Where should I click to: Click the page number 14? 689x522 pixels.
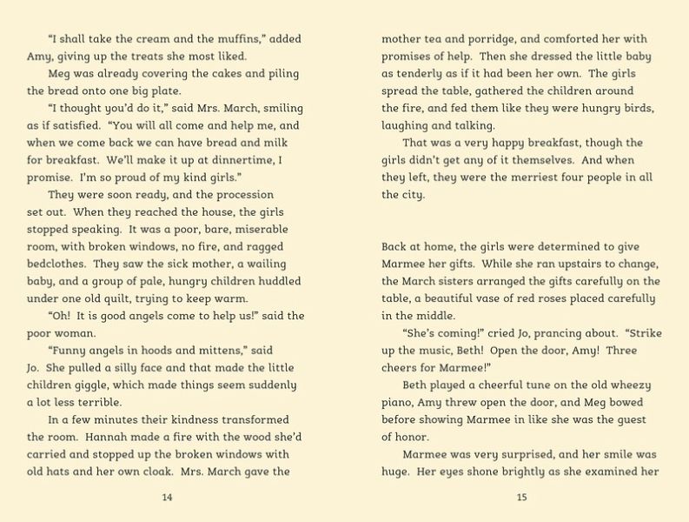168,497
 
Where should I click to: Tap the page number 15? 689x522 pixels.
521,497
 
